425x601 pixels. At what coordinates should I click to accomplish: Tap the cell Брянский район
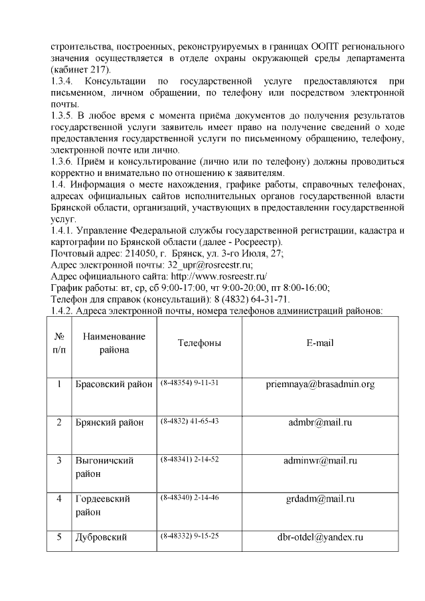pyautogui.click(x=109, y=422)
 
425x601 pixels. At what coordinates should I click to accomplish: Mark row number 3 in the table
pyautogui.click(x=59, y=460)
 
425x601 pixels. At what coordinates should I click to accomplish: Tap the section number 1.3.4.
pyautogui.click(x=63, y=81)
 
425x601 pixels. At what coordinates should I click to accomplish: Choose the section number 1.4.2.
pyautogui.click(x=63, y=310)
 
